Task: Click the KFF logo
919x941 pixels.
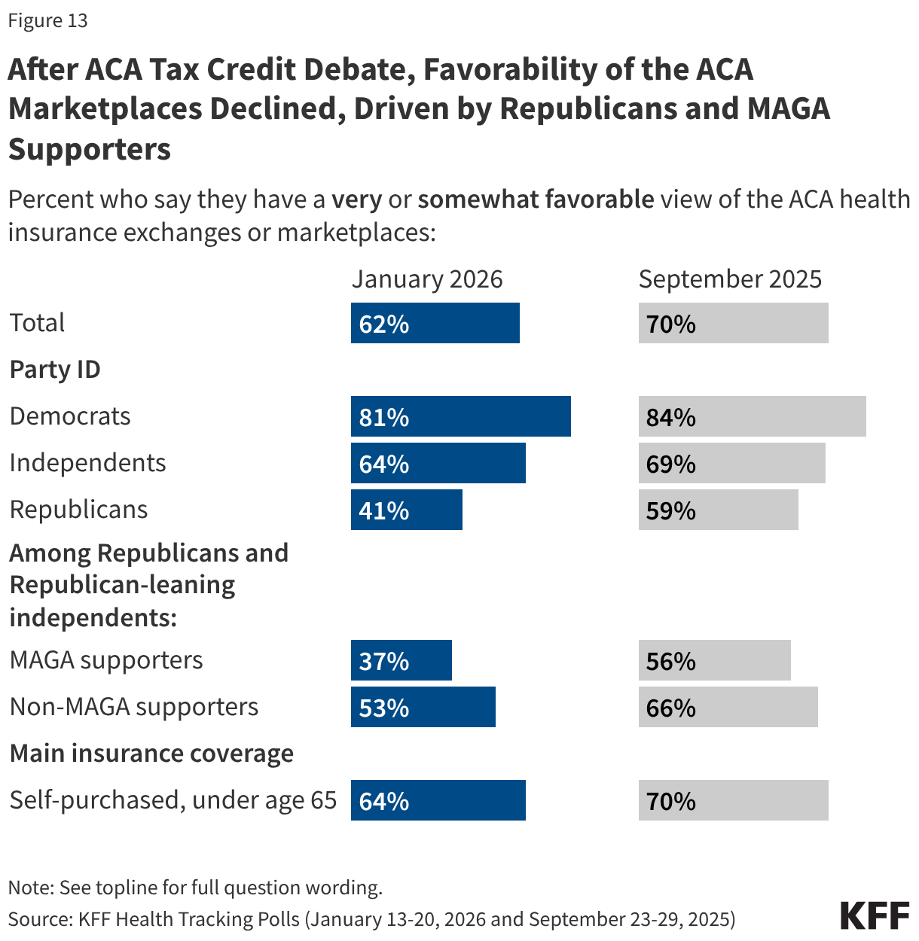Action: [875, 915]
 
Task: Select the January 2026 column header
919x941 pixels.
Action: [427, 279]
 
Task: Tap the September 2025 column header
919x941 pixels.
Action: [730, 279]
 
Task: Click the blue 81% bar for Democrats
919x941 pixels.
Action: [460, 416]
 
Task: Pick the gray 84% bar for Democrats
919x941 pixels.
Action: [752, 416]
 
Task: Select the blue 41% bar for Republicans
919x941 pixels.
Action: [406, 510]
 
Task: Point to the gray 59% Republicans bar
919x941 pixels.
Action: [718, 510]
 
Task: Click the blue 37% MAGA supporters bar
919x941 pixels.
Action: [401, 660]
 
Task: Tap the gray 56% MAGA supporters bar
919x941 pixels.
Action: [714, 660]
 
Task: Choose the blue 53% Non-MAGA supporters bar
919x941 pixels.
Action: [423, 707]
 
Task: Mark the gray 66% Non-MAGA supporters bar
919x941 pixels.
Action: [728, 707]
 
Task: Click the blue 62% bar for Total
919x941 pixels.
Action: [435, 323]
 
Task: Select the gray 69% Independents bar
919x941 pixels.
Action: [731, 463]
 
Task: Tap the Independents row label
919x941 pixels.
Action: [87, 463]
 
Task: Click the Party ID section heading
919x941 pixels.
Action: [55, 370]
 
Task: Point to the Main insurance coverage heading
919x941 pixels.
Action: [151, 754]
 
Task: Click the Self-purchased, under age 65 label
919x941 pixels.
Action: [173, 800]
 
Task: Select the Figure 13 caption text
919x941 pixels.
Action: [47, 20]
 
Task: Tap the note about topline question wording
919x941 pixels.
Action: [195, 888]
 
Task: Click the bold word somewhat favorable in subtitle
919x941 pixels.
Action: [536, 199]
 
